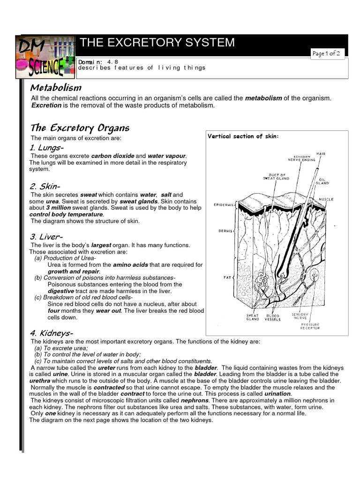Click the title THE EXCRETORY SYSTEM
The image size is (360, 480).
[157, 43]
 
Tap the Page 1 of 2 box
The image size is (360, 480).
[328, 53]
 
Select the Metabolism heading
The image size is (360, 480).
[56, 88]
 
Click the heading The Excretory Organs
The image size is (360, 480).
[80, 128]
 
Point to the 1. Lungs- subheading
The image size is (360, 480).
[46, 148]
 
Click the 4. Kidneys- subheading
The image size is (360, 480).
[51, 333]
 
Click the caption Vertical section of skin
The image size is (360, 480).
[243, 136]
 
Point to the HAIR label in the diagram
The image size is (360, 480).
[321, 153]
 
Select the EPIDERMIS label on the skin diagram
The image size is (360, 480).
[224, 205]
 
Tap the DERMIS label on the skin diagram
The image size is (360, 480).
[226, 231]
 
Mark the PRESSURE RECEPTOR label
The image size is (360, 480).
[310, 326]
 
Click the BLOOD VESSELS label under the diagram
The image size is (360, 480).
[272, 317]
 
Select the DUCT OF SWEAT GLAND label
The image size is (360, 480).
[276, 177]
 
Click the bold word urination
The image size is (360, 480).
[278, 394]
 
